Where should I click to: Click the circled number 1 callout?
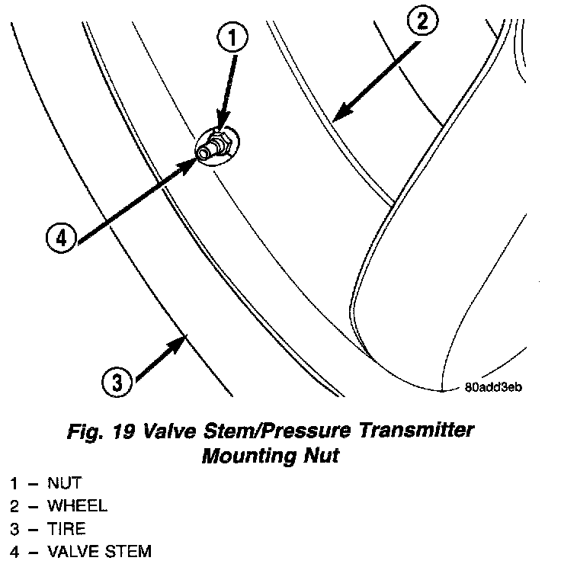point(235,37)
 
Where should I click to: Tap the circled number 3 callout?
point(117,382)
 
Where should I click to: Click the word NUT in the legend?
point(64,483)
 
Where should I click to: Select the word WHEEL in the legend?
point(77,505)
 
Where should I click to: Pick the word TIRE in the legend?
point(66,528)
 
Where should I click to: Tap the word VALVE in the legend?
point(71,551)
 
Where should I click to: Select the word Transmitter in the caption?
point(414,431)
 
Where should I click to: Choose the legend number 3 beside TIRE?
point(14,528)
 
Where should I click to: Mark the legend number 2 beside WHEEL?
point(14,505)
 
